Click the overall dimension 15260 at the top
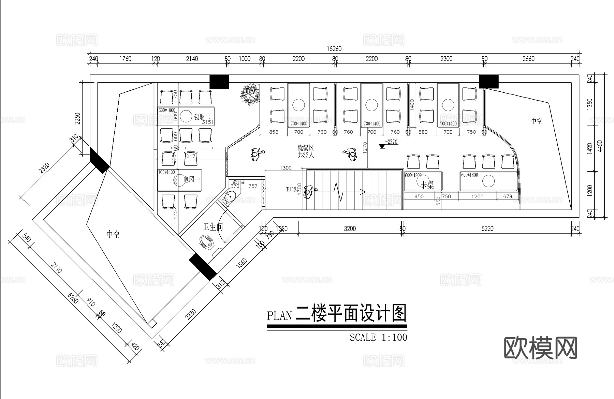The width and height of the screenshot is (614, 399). [334, 49]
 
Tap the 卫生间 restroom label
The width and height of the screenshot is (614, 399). [213, 227]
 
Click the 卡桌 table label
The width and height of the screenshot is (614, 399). [427, 185]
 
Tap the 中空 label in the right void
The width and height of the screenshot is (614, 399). [536, 121]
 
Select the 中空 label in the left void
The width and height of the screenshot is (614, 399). [113, 234]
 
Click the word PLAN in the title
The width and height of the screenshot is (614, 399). [279, 315]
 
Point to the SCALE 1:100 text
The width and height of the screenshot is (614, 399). [378, 337]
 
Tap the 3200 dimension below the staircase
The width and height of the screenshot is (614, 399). [350, 228]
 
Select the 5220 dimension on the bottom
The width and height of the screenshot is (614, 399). [487, 228]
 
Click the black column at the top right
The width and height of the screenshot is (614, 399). [488, 82]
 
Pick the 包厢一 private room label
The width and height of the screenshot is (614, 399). [192, 179]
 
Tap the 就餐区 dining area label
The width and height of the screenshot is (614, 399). [305, 148]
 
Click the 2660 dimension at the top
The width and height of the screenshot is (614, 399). [528, 59]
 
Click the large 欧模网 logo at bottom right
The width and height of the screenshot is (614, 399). [540, 348]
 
